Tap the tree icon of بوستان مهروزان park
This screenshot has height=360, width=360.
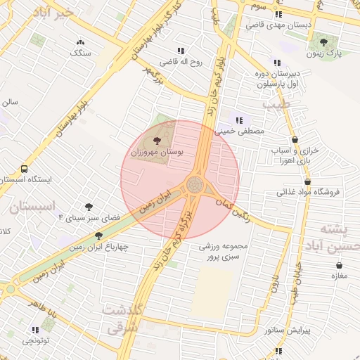(x=156, y=141)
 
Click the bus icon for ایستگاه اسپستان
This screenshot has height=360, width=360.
(x=25, y=169)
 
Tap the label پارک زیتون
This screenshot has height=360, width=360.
(x=325, y=53)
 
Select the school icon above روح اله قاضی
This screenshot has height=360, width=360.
(x=181, y=51)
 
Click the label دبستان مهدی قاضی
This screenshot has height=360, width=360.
(x=278, y=25)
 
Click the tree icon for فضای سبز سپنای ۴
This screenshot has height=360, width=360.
(x=89, y=207)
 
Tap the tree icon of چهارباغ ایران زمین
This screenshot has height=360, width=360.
(x=98, y=236)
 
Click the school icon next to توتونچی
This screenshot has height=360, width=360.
(x=35, y=329)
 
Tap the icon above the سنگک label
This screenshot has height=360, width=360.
(x=79, y=42)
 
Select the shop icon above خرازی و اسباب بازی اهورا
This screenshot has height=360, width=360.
(x=295, y=140)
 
